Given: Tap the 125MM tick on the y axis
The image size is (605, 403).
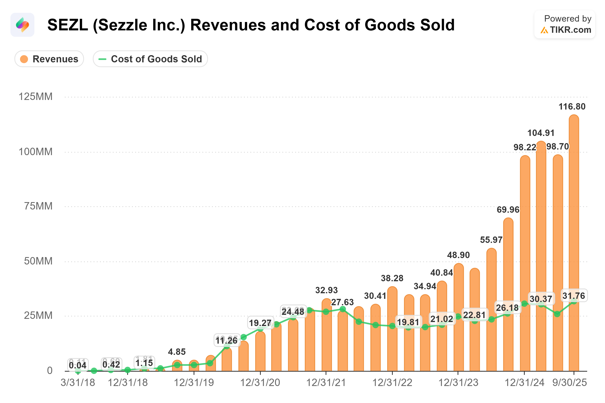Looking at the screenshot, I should click(35, 97).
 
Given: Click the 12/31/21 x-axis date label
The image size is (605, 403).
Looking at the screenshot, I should click(326, 382).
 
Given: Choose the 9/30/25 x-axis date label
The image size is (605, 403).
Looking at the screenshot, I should click(570, 382).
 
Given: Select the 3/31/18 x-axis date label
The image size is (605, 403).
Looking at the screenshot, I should click(78, 382).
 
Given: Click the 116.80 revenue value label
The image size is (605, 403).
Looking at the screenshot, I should click(572, 106).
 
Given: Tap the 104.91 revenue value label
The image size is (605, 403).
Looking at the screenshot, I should click(541, 133).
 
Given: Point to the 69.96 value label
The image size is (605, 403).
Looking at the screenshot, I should click(508, 209).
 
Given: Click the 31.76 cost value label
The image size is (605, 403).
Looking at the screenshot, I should click(573, 296).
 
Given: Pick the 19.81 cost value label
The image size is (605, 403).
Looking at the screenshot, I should click(408, 322).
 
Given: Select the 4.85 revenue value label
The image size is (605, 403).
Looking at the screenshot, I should click(177, 352).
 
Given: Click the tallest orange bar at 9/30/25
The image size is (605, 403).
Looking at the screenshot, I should click(574, 206).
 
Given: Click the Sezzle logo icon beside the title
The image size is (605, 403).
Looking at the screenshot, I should click(22, 25).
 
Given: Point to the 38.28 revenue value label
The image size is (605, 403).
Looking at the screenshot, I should click(392, 278).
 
